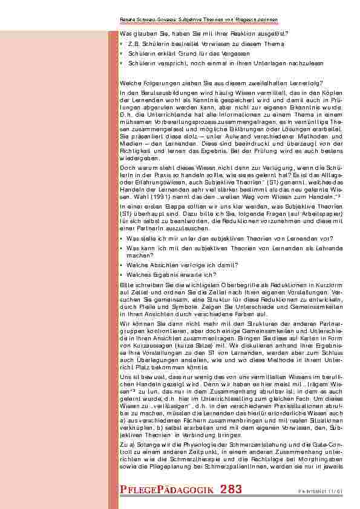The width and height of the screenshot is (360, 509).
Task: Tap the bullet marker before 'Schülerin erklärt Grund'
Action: pyautogui.click(x=122, y=53)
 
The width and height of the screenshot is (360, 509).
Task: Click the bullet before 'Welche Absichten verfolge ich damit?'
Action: pyautogui.click(x=122, y=265)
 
